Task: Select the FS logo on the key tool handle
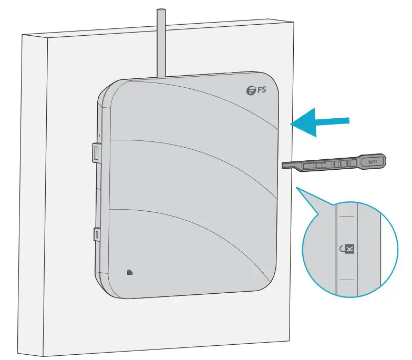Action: (374, 160)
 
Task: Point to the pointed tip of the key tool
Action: (285, 165)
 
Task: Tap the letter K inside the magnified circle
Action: (351, 248)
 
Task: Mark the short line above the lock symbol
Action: (346, 216)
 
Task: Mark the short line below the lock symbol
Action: (346, 280)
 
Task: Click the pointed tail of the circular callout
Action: (298, 188)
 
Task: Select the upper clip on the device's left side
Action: (96, 152)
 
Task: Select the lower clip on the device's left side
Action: (97, 233)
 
